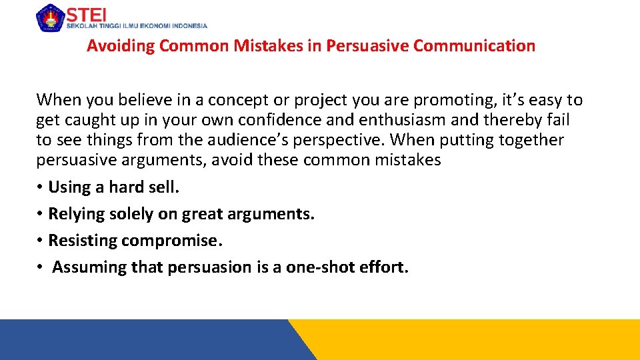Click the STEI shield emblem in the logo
[x=49, y=17]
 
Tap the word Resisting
[x=83, y=240]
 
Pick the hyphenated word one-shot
[x=319, y=267]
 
